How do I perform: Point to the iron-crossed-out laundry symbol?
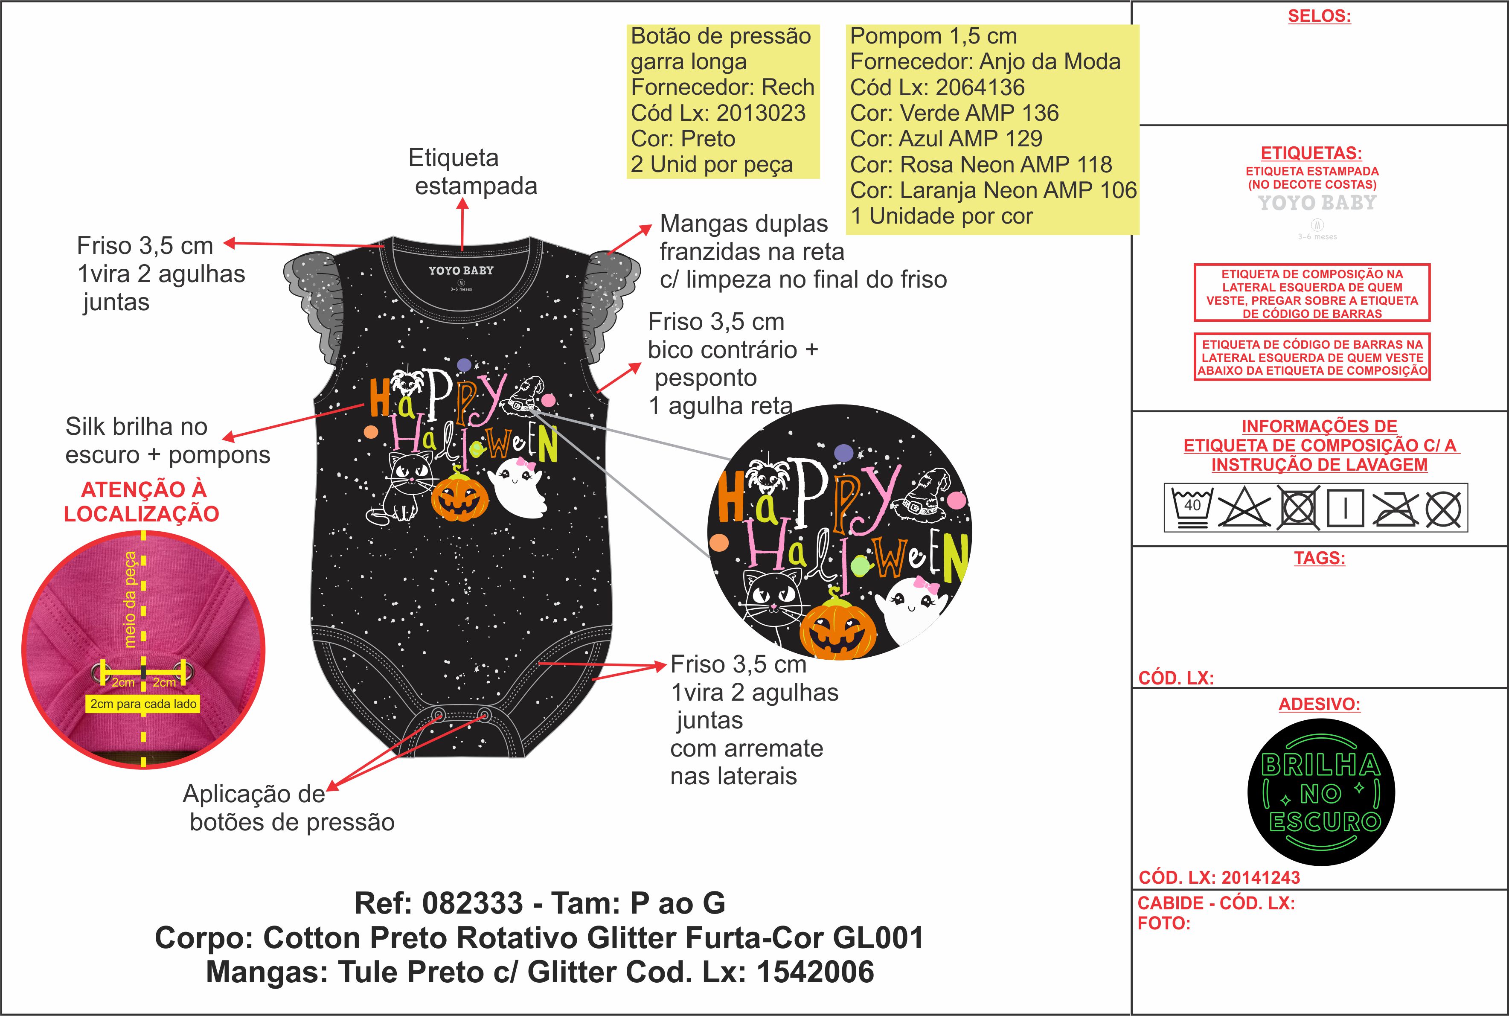pos(1395,508)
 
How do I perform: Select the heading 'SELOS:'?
pos(1319,16)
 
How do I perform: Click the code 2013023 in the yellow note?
pos(761,113)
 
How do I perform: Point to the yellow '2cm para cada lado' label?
pos(143,704)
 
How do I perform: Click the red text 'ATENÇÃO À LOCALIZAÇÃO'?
pos(142,501)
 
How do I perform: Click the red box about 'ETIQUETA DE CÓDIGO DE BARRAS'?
pos(1312,357)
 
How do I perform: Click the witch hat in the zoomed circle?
pos(923,493)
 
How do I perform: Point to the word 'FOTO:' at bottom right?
pos(1164,923)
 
